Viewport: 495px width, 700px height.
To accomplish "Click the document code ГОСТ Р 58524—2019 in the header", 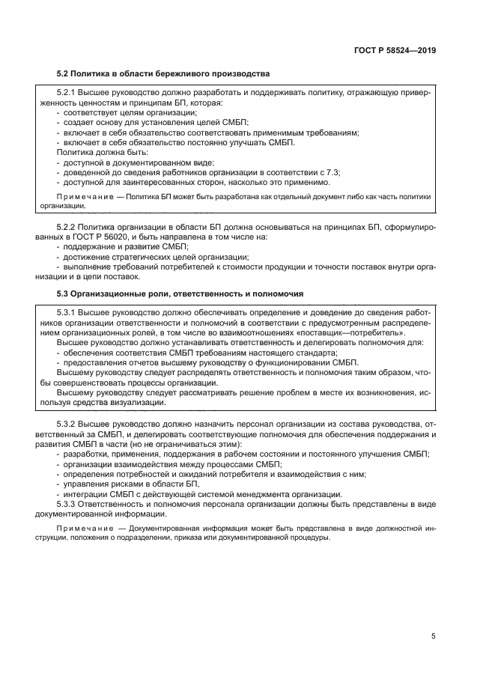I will [x=395, y=50].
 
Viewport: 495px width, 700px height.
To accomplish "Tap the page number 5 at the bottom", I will [x=433, y=636].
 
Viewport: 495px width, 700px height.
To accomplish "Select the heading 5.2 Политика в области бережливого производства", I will [x=163, y=73].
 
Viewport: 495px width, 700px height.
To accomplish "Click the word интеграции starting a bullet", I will [x=85, y=495].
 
